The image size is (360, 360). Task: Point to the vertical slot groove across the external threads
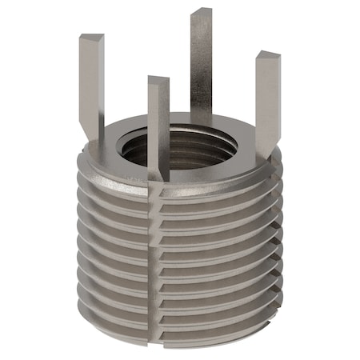tap(154, 256)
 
